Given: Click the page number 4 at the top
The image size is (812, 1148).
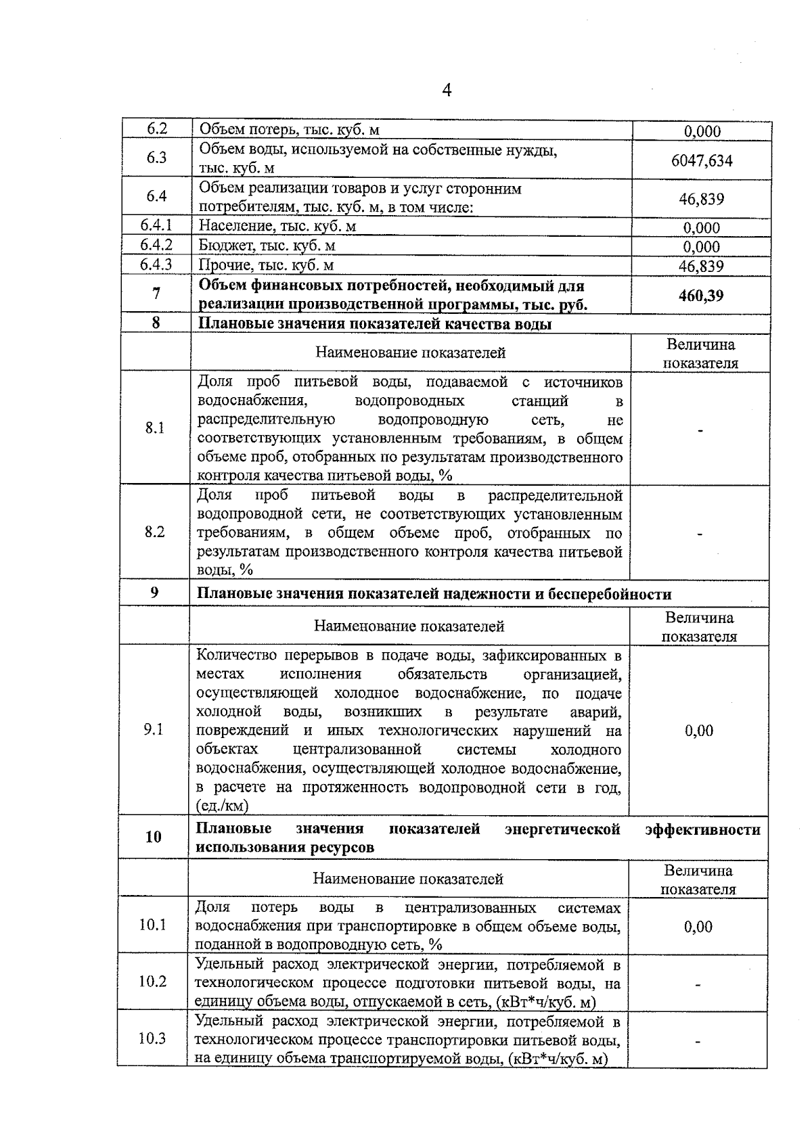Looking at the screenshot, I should click(446, 90).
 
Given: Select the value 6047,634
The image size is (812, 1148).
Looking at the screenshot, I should click(701, 161).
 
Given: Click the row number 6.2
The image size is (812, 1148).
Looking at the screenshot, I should click(157, 129).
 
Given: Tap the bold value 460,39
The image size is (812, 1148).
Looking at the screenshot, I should click(701, 296).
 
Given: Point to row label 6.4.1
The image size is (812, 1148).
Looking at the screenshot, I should click(156, 225).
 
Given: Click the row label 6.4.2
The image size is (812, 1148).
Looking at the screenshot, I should click(156, 245).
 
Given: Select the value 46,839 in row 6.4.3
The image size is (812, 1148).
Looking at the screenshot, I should click(701, 266).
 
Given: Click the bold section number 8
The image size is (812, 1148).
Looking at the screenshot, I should click(156, 323).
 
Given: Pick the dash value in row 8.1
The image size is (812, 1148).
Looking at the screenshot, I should click(701, 430).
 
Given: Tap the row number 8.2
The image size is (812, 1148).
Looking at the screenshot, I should click(155, 532).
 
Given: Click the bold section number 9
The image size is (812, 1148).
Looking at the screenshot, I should click(154, 593).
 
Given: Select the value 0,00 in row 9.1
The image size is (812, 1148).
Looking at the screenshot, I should click(699, 731).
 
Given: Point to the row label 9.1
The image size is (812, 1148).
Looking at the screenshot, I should click(154, 729).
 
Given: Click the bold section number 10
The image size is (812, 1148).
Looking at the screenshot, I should click(154, 837).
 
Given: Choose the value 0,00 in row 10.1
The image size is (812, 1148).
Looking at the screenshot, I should click(698, 927).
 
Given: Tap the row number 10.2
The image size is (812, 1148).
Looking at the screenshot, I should click(153, 981).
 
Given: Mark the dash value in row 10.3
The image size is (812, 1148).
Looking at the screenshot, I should click(698, 1042).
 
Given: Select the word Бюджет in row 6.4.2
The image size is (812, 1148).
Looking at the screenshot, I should click(223, 246).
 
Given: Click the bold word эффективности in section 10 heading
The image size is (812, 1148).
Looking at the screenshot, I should click(702, 829).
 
